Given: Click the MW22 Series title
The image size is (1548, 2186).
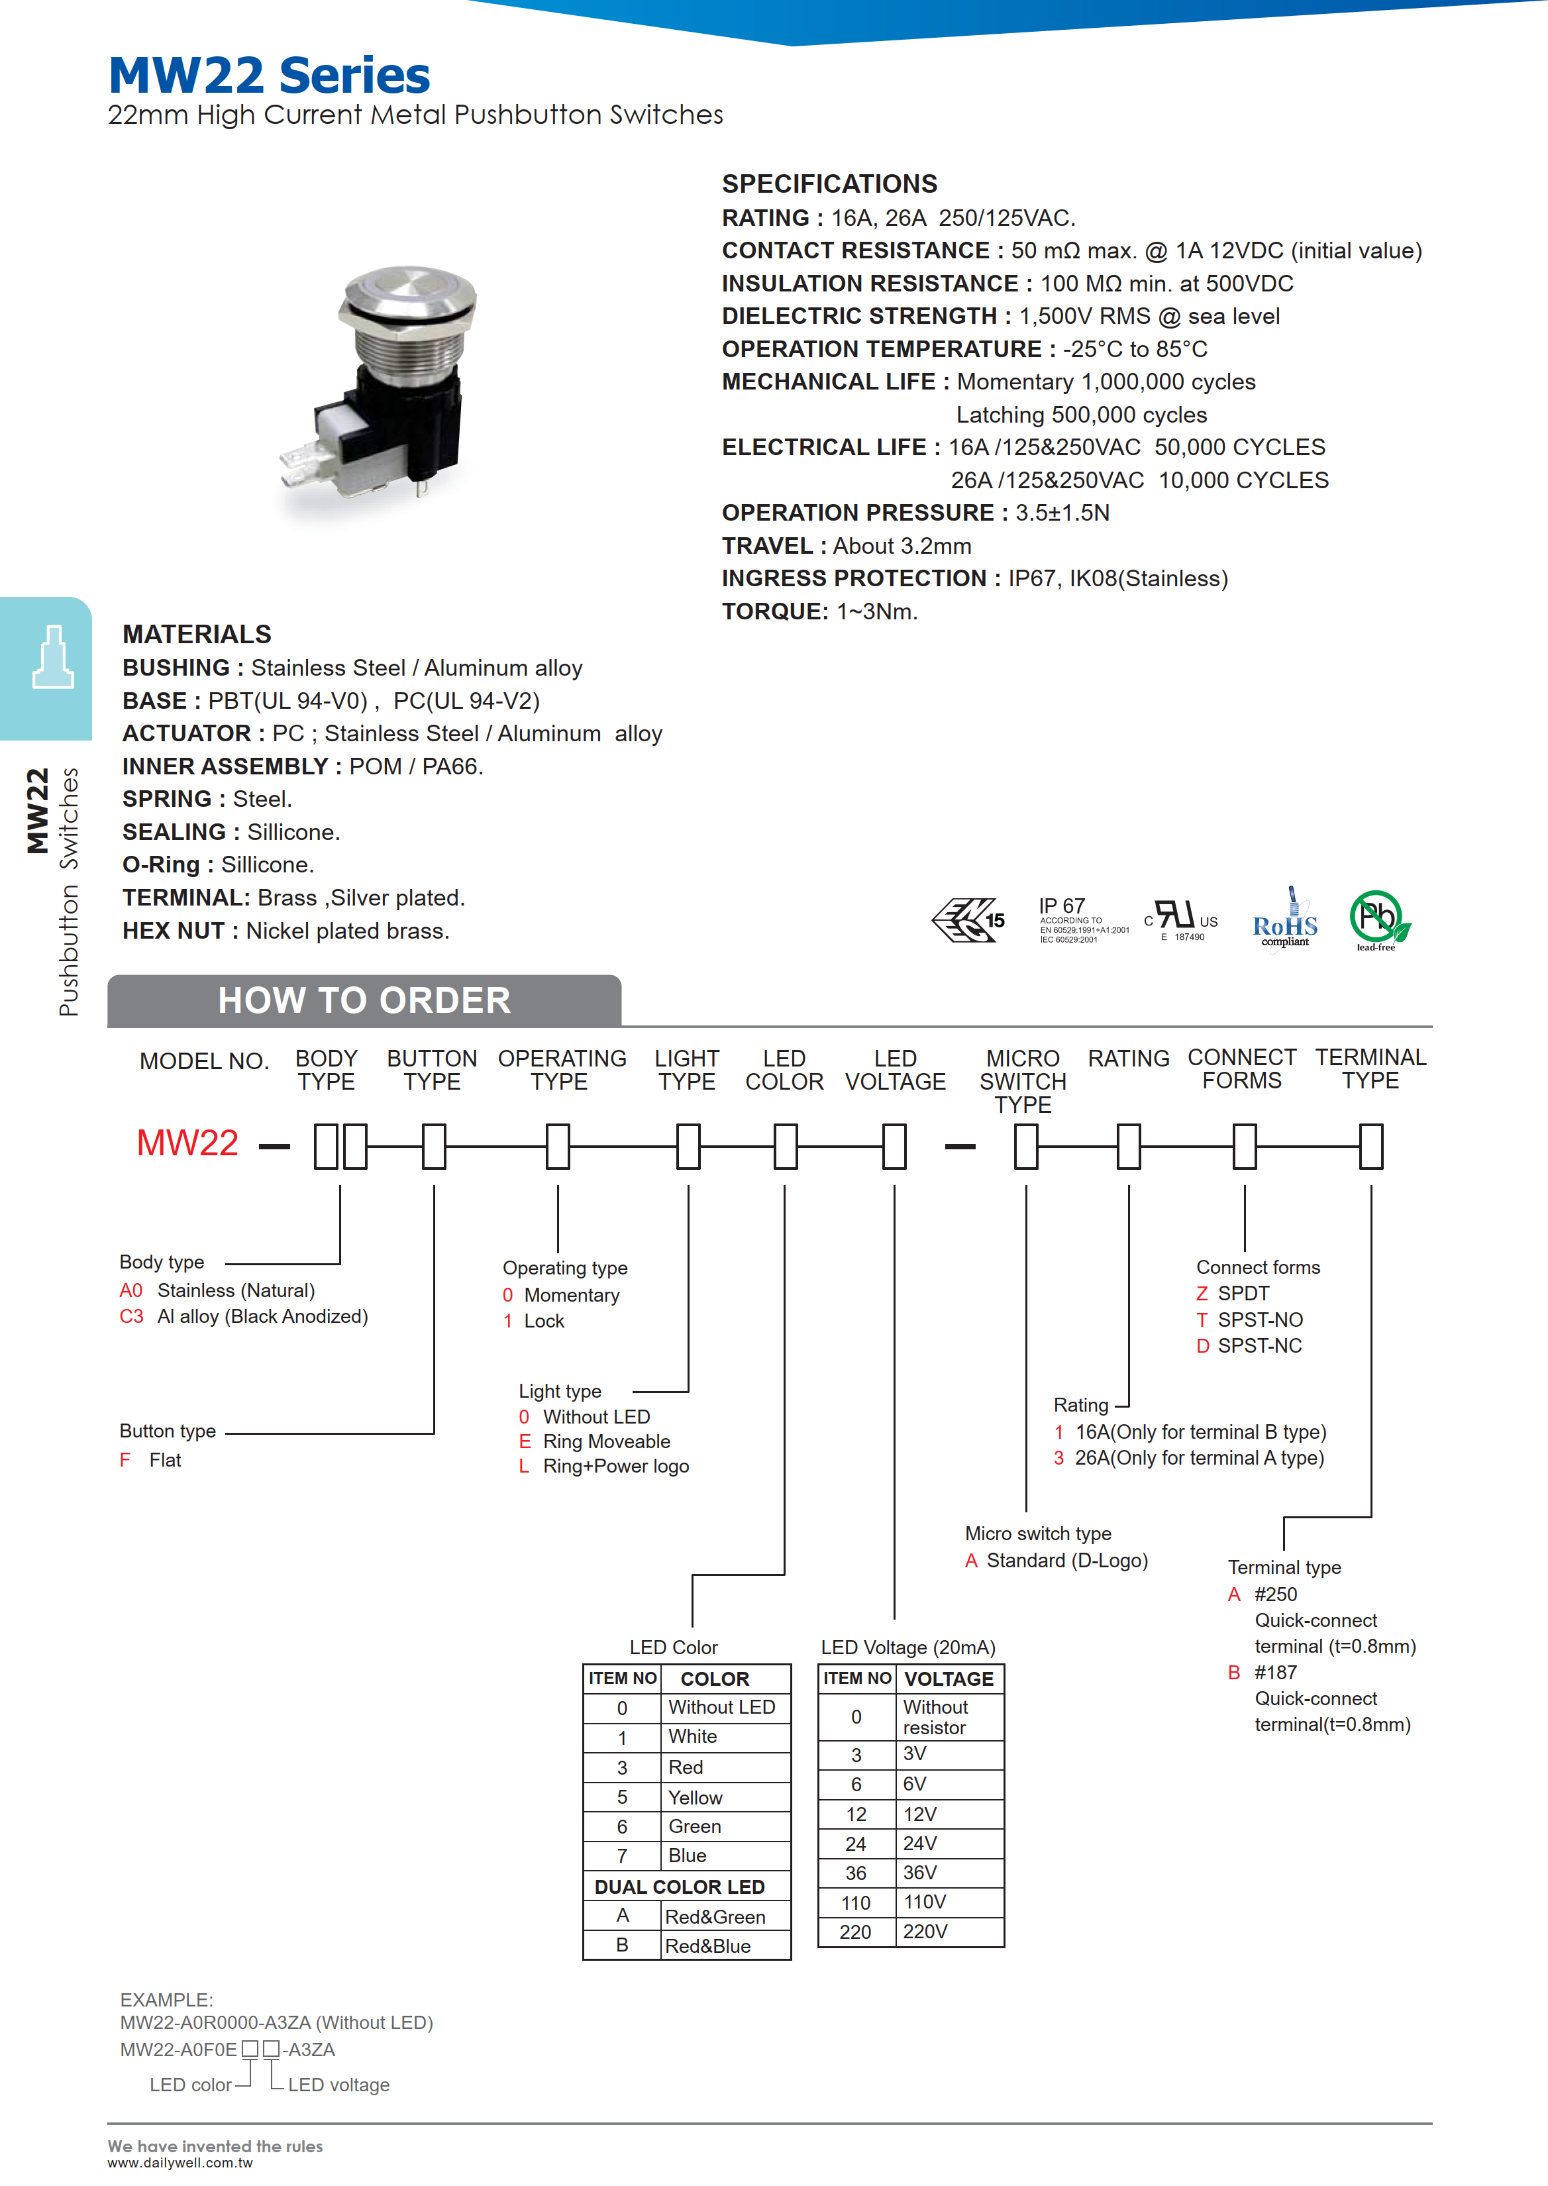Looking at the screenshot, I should click(x=269, y=76).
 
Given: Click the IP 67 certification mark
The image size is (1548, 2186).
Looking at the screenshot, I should click(x=1081, y=919).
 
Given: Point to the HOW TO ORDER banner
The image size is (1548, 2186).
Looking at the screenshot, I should click(x=364, y=1001).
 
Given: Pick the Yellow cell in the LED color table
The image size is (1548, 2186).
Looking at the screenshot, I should click(x=695, y=1797).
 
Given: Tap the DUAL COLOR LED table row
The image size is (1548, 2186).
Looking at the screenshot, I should click(x=680, y=1887).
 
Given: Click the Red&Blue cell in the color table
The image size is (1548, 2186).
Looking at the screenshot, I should click(x=707, y=1946).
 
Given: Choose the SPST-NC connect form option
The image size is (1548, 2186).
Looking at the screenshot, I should click(x=1259, y=1345).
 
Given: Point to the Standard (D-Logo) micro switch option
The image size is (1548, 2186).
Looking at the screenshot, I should click(x=1066, y=1561).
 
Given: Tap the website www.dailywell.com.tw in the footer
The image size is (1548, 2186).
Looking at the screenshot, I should click(x=180, y=2163).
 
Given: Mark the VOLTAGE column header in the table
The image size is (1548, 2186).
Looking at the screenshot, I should click(x=949, y=1679).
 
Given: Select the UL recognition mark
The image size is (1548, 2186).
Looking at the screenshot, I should click(x=1180, y=919).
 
